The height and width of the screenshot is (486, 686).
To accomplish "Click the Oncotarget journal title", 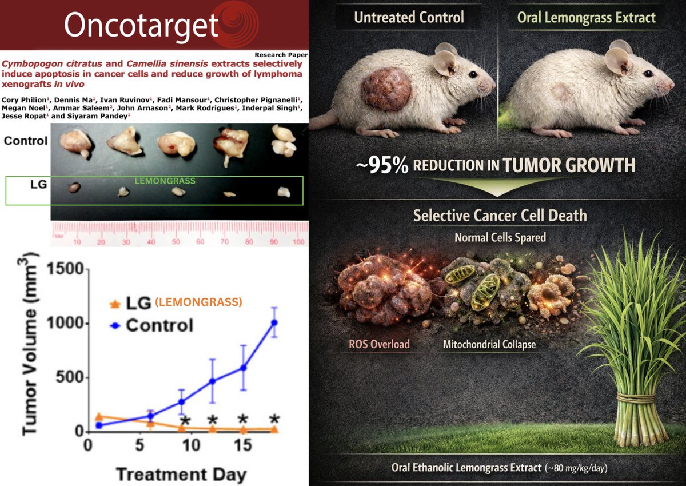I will pyautogui.click(x=141, y=25).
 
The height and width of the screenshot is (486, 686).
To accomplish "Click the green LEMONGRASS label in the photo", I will pyautogui.click(x=162, y=181).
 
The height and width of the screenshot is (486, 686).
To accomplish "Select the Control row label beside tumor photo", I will pyautogui.click(x=25, y=140).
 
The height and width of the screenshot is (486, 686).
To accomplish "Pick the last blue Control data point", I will pyautogui.click(x=274, y=322).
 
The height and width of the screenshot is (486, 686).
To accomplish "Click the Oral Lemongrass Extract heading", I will pyautogui.click(x=586, y=17).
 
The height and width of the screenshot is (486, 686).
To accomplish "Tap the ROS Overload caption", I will pyautogui.click(x=378, y=345).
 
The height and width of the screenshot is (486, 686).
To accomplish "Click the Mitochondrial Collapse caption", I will pyautogui.click(x=489, y=345).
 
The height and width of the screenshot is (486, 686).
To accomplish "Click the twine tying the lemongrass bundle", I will pyautogui.click(x=636, y=397).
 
